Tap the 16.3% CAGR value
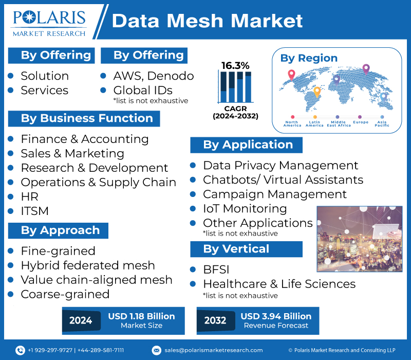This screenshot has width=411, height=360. [x=235, y=65]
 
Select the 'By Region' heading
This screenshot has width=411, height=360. [x=309, y=58]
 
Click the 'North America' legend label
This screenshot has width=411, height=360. [x=292, y=124]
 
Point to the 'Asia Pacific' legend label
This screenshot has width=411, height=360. [x=382, y=124]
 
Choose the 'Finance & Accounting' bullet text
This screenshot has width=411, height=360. [x=84, y=139]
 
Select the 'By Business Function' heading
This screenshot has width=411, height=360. [x=86, y=118]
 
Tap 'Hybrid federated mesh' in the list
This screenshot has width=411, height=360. [x=87, y=265]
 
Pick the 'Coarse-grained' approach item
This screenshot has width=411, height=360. [x=65, y=294]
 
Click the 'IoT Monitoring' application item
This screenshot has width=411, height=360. [x=245, y=208]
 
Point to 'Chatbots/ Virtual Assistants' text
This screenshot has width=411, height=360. [x=283, y=179]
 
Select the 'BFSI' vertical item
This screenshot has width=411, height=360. [x=216, y=269]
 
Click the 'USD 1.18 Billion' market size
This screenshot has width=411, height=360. [x=141, y=316]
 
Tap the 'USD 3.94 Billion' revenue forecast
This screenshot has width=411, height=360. [x=276, y=316]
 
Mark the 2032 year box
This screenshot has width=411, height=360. [x=215, y=320]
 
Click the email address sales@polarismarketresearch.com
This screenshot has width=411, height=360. [x=213, y=350]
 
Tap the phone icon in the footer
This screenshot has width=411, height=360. [x=20, y=350]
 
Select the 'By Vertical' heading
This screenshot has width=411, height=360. [x=236, y=249]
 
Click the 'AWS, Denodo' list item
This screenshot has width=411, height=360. [x=153, y=76]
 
